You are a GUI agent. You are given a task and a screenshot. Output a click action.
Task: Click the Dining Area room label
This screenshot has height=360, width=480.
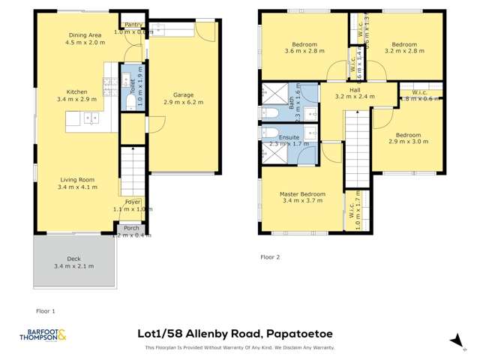point(84,35)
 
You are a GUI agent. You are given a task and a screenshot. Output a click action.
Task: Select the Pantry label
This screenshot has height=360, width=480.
point(133,25)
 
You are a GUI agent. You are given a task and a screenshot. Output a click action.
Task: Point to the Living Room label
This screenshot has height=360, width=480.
point(77,180)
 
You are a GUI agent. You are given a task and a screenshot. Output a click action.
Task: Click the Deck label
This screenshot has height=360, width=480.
point(73,259)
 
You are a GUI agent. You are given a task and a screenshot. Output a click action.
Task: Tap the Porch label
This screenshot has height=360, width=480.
point(131,228)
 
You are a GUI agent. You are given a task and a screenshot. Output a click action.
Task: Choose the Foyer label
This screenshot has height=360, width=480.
point(132,202)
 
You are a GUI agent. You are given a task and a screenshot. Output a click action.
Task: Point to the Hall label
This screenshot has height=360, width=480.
point(355,89)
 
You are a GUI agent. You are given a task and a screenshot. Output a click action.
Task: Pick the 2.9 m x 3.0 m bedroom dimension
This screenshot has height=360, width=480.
point(409,141)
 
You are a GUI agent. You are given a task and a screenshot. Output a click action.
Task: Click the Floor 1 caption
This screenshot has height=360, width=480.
point(46,310)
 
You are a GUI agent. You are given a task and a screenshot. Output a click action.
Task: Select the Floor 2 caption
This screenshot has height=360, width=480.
point(270,256)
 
